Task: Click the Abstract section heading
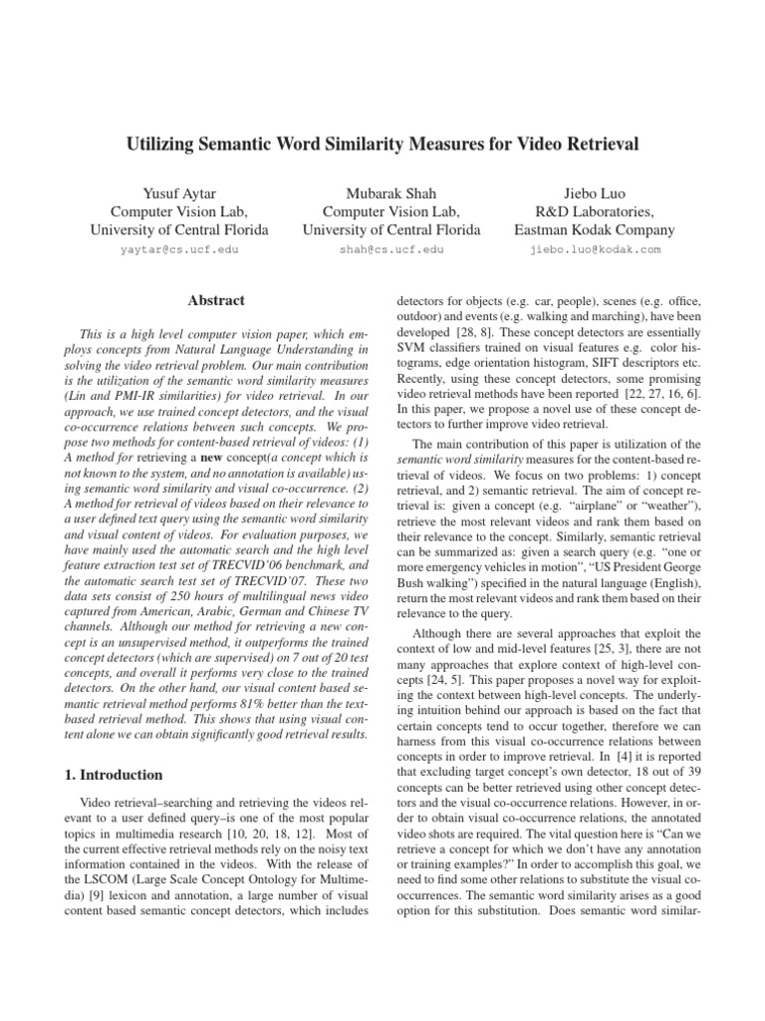click(216, 300)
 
